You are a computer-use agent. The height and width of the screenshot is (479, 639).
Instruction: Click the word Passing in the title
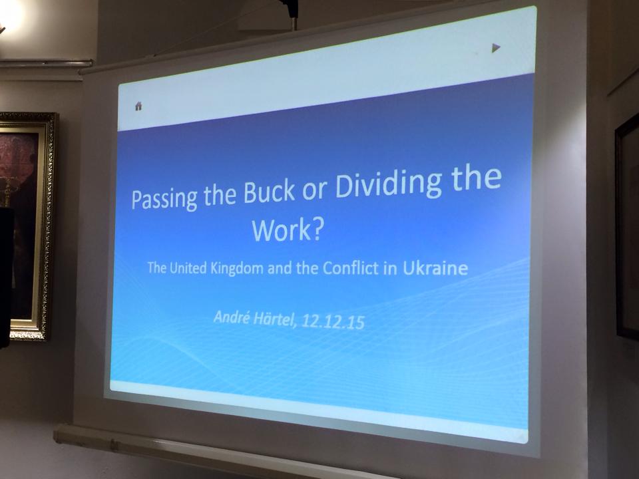[x=164, y=198]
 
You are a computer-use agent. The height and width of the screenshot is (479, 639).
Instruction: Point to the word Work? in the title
[x=288, y=230]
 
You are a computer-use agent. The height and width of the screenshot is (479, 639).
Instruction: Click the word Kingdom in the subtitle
[x=237, y=269]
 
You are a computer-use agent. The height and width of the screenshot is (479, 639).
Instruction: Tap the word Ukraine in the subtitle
[x=435, y=268]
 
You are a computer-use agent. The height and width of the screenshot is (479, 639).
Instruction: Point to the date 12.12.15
[x=333, y=322]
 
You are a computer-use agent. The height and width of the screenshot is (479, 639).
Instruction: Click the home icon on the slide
[x=138, y=106]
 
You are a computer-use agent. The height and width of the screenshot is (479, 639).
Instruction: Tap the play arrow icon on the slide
[x=496, y=48]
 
